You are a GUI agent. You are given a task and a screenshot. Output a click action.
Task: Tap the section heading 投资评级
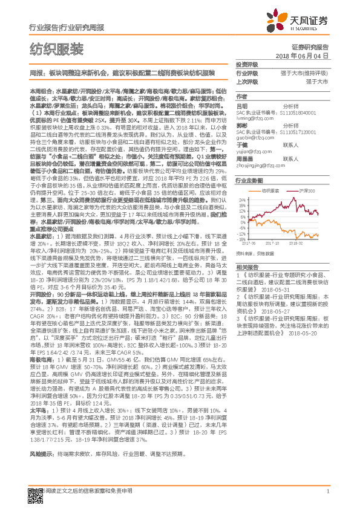(246, 65)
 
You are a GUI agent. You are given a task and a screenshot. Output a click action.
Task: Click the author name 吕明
(241, 105)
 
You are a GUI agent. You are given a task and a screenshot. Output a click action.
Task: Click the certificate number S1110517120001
(302, 131)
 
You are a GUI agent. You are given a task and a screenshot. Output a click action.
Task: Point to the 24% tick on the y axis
(241, 199)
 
